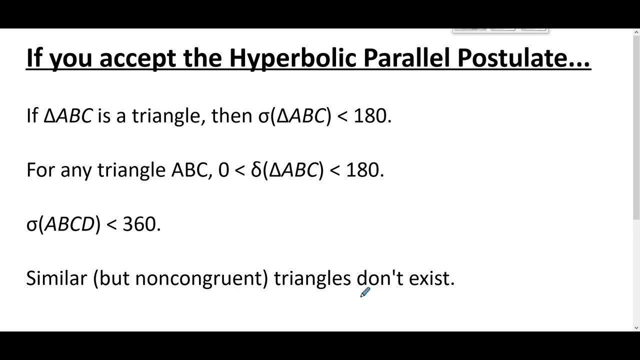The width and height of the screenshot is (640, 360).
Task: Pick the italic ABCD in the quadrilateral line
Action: pos(69,224)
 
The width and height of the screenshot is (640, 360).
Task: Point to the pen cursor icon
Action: pos(364,292)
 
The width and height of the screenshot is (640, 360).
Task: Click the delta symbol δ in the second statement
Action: pos(256,170)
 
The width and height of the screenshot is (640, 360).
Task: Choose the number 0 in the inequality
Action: pos(223,170)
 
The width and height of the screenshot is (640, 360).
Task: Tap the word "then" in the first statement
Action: pos(231,116)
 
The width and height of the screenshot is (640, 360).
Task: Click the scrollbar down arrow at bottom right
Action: pos(636,327)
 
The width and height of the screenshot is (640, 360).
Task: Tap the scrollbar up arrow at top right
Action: pos(636,32)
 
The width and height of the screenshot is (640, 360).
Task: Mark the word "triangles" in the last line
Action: pos(312,278)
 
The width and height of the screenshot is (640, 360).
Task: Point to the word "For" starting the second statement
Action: pos(40,170)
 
